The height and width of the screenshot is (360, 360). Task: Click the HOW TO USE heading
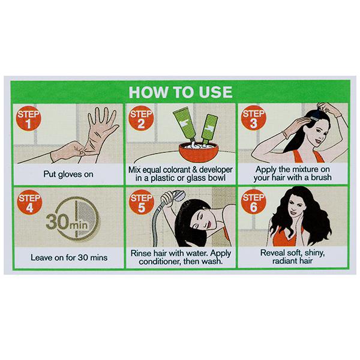point(181,92)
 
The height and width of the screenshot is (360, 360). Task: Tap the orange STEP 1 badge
point(28,118)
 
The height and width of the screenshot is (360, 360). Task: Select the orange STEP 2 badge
point(141,118)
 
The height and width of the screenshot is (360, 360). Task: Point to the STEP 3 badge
point(253,118)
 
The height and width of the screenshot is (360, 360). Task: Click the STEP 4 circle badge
point(29,203)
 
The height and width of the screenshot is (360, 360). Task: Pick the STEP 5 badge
point(142,202)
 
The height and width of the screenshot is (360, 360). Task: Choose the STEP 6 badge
point(253,202)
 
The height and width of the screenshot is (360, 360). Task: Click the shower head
point(179,196)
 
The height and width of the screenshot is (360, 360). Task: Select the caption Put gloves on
point(68,174)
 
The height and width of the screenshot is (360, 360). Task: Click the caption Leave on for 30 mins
point(69,257)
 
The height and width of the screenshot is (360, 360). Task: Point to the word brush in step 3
point(321,178)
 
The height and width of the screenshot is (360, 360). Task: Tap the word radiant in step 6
point(284,261)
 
